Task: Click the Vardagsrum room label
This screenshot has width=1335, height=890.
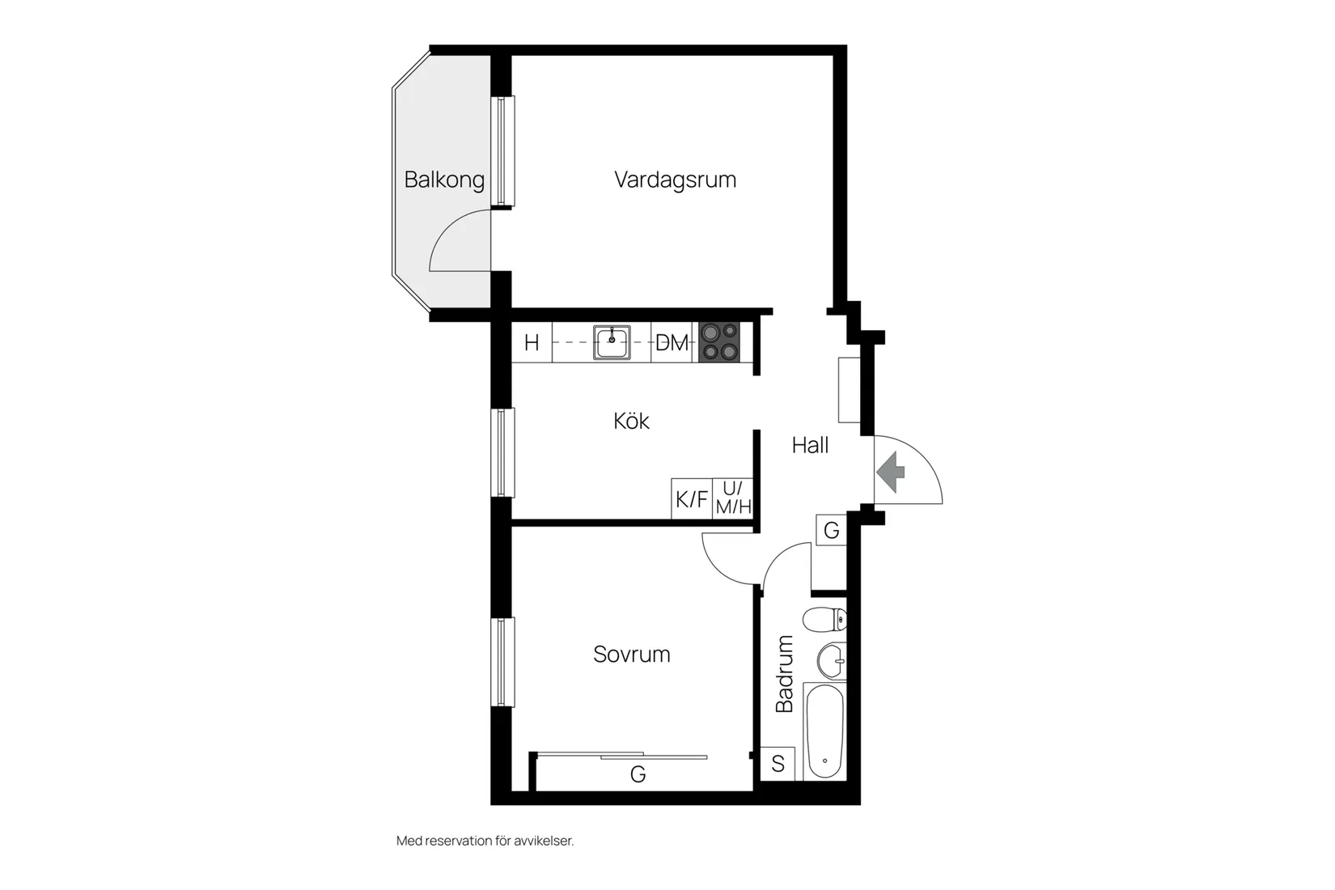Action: pyautogui.click(x=676, y=180)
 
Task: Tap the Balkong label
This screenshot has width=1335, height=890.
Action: pyautogui.click(x=444, y=180)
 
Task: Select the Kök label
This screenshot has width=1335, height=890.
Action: pyautogui.click(x=631, y=421)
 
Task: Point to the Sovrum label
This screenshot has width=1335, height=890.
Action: pyautogui.click(x=632, y=655)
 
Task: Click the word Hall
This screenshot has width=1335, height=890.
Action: pyautogui.click(x=810, y=445)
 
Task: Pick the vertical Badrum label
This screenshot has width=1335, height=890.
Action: pyautogui.click(x=784, y=674)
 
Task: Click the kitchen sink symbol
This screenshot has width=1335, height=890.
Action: pyautogui.click(x=612, y=342)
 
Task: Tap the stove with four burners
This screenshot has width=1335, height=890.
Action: pyautogui.click(x=719, y=342)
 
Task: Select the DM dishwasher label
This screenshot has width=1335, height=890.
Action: pyautogui.click(x=672, y=343)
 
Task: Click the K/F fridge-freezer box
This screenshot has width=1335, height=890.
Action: pyautogui.click(x=692, y=499)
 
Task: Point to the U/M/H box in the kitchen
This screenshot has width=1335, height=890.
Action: pyautogui.click(x=733, y=498)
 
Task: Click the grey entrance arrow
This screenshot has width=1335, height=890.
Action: pyautogui.click(x=890, y=473)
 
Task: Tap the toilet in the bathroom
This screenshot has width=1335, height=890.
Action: pyautogui.click(x=824, y=620)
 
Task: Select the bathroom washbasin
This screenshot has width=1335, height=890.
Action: pyautogui.click(x=832, y=660)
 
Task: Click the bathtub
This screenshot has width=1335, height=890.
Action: pyautogui.click(x=824, y=731)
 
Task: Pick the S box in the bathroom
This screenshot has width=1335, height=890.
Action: pyautogui.click(x=778, y=764)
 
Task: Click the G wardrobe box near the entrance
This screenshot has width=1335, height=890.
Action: pyautogui.click(x=832, y=529)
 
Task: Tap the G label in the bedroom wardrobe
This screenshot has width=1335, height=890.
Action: pyautogui.click(x=638, y=774)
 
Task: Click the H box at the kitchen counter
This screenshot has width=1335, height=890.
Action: pyautogui.click(x=532, y=342)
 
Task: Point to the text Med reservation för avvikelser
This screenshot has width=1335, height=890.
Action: pyautogui.click(x=485, y=841)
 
